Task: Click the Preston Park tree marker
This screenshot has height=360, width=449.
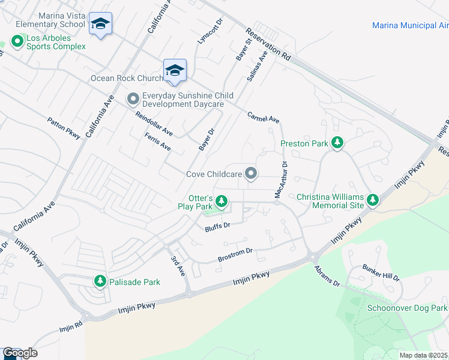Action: pos(337,143)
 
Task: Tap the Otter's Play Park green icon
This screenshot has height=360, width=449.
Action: pos(221,200)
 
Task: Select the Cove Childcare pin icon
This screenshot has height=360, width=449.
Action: pos(252,174)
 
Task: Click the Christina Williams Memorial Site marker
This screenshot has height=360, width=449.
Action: pos(373,200)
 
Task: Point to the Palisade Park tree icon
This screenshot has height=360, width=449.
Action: pos(100,281)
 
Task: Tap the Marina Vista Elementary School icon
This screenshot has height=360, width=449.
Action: pos(100,25)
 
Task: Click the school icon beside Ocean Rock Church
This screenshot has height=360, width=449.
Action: pos(175,71)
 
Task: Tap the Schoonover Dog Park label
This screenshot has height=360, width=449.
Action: pos(407,308)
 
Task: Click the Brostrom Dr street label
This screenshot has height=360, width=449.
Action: pos(235,254)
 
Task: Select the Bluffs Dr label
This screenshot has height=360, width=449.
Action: pos(217,226)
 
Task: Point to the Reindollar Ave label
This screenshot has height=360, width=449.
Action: pos(154,124)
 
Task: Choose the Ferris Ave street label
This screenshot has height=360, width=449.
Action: pos(158,142)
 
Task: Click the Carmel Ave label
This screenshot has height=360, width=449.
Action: pos(264,118)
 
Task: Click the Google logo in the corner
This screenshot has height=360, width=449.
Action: pos(20,353)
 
